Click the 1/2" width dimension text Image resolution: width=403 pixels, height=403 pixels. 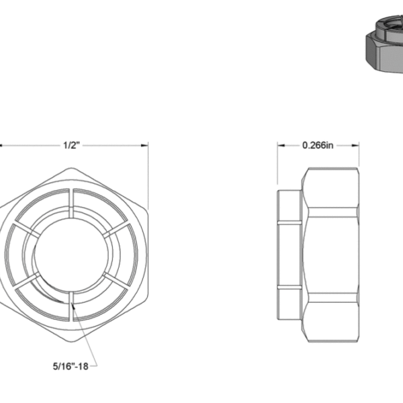pyautogui.click(x=71, y=145)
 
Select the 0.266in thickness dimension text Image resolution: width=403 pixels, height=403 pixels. pyautogui.click(x=318, y=145)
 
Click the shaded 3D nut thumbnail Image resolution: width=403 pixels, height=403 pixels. pyautogui.click(x=384, y=47)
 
